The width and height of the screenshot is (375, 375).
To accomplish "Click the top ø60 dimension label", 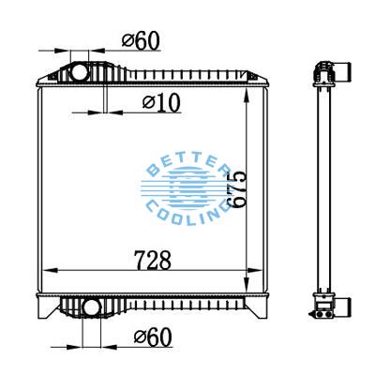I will coord(140,40).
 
